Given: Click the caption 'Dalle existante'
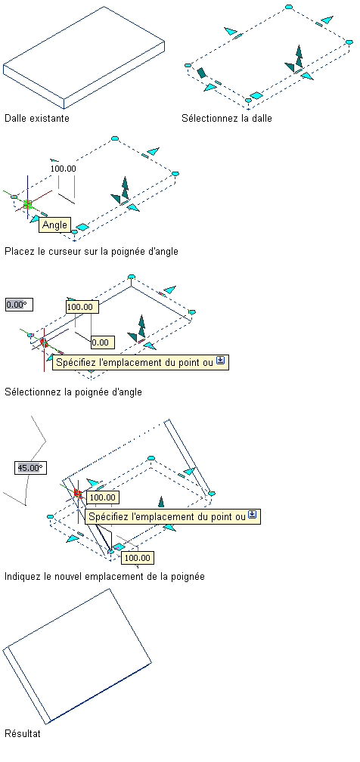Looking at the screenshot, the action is tap(37, 118).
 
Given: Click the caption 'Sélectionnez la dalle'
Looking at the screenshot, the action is tap(227, 118).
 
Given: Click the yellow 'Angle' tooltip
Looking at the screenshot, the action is tap(54, 225).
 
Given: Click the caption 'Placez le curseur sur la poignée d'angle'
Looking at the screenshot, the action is tap(92, 251).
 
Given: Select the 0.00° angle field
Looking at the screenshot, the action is tap(16, 305).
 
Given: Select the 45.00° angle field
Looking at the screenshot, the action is tap(30, 468).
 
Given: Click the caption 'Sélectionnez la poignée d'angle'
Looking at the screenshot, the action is tap(73, 392).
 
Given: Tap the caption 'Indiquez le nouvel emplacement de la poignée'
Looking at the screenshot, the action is tap(104, 576).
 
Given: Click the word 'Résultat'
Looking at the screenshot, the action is tap(23, 733).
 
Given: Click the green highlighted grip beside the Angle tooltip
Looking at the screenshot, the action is tap(27, 204).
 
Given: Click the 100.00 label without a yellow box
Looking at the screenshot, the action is tap(64, 169).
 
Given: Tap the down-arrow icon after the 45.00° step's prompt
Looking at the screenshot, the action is tap(252, 515).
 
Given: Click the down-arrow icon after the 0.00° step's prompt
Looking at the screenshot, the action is tap(220, 361).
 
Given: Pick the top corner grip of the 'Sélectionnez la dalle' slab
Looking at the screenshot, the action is tap(288, 7).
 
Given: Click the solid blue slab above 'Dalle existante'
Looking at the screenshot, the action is tap(84, 57).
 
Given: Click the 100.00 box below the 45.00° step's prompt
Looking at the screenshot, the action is tap(137, 557).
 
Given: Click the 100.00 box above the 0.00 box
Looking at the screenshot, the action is tap(82, 307).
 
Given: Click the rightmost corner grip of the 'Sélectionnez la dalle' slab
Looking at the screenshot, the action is tap(349, 42).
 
